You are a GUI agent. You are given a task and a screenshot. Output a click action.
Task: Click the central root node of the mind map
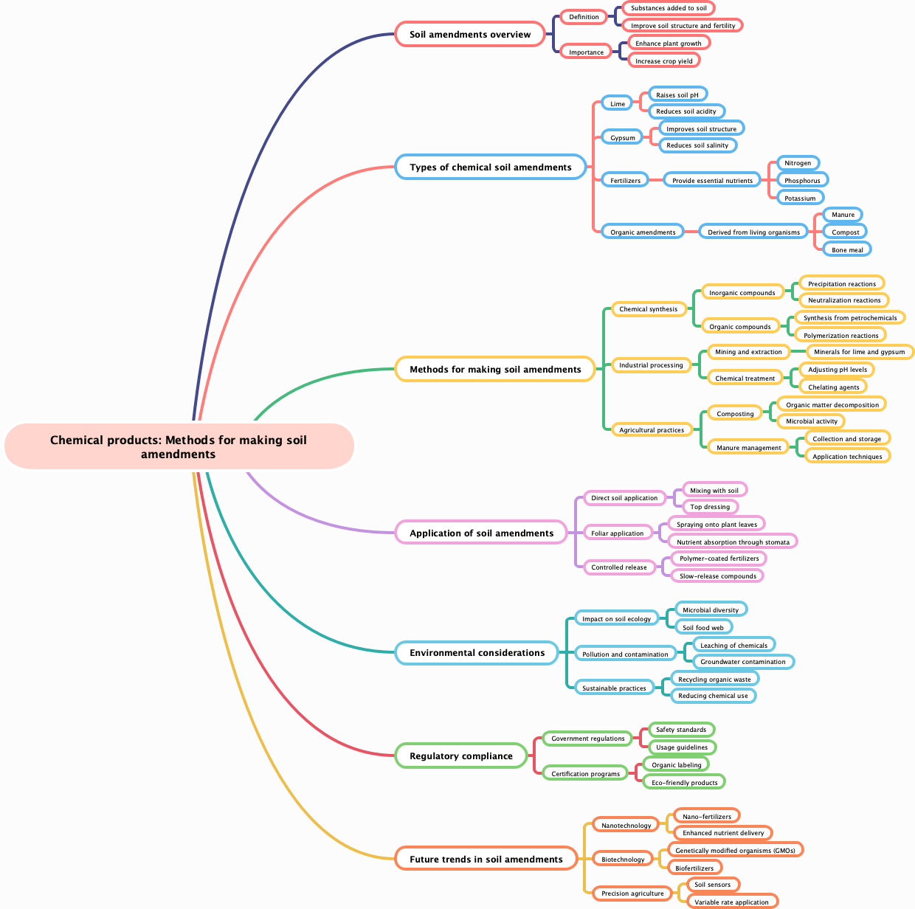pos(179,446)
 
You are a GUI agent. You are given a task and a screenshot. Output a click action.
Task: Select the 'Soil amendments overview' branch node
pos(469,35)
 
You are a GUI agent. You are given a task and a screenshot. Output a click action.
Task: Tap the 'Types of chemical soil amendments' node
pos(490,167)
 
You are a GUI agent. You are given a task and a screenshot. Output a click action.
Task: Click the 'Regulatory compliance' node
pos(460,756)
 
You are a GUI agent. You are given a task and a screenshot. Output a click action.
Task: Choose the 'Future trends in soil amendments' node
pos(486,860)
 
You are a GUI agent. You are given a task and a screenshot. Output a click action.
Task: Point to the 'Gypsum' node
pos(622,138)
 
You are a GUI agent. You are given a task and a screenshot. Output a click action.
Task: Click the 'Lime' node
pos(617,104)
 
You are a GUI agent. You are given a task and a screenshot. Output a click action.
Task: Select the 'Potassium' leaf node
pos(800,198)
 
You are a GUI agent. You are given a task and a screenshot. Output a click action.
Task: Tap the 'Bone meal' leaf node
pos(847,250)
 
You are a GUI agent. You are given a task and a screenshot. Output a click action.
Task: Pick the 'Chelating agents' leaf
pos(833,387)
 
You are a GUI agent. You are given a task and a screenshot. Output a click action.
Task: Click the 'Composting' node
pos(735,414)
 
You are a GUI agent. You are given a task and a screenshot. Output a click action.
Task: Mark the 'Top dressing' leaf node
pos(710,507)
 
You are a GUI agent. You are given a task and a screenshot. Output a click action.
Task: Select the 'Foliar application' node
pos(617,533)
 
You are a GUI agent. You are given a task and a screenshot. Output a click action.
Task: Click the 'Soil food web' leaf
pos(703,628)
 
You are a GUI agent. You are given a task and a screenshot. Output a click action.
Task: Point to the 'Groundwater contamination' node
pos(742,662)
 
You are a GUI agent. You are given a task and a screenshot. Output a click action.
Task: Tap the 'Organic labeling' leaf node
pos(676,765)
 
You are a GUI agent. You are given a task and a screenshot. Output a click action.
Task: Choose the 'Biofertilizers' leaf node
pos(694,868)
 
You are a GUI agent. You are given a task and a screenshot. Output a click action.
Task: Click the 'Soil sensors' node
pos(712,885)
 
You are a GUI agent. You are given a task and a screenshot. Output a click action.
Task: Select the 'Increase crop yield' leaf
pos(663,61)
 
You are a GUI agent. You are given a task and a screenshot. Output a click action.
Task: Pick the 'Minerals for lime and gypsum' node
pos(859,352)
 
